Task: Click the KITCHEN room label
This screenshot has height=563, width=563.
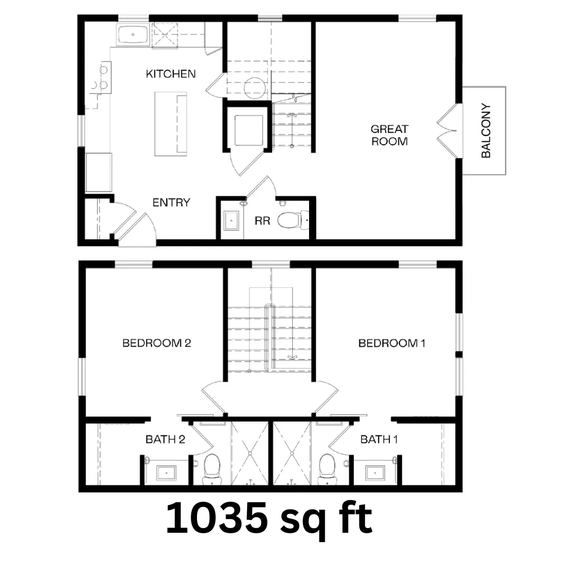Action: click(170, 74)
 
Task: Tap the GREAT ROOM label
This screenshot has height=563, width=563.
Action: click(389, 135)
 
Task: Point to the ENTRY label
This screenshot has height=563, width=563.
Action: click(172, 202)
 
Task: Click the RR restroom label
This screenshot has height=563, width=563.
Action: click(262, 221)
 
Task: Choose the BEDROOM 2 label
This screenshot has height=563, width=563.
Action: click(156, 343)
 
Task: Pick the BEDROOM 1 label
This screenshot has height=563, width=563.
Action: click(391, 343)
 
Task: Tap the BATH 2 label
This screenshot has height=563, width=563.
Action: click(165, 439)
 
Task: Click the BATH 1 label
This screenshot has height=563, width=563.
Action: click(379, 439)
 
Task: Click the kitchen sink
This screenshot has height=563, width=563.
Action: click(133, 34)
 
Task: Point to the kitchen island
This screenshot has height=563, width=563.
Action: click(171, 124)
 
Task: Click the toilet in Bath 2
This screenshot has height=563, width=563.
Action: click(212, 469)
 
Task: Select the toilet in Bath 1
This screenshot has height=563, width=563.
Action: click(327, 469)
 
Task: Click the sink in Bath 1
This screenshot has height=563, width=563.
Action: click(375, 473)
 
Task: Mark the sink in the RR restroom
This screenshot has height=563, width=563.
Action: click(230, 221)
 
